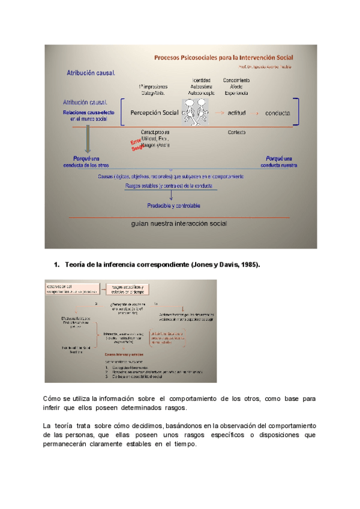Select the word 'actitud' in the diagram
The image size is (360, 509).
240,113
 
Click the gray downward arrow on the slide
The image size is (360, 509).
88,142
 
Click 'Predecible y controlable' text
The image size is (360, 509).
174,205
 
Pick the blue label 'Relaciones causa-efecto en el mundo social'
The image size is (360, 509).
85,116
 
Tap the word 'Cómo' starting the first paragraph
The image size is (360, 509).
53,399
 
